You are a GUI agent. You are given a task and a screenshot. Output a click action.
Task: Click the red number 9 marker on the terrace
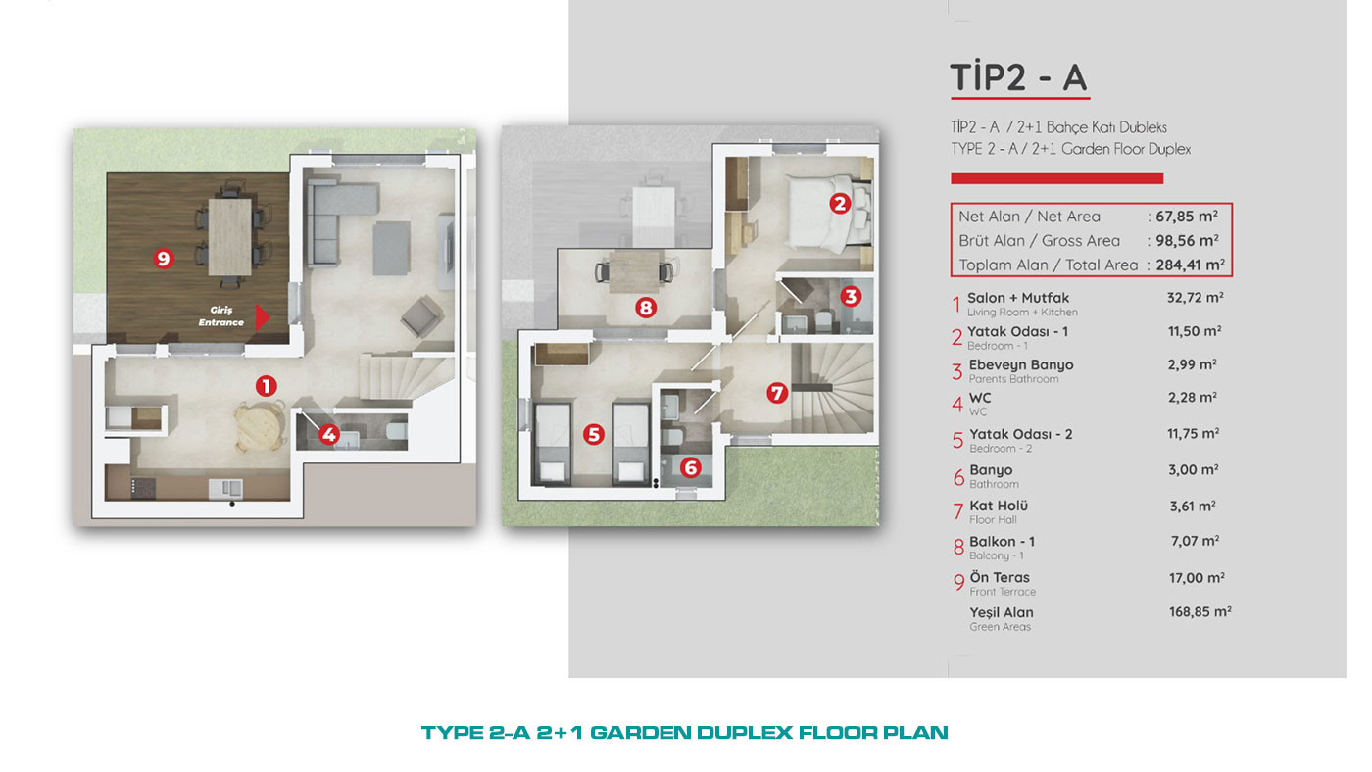point(163,259)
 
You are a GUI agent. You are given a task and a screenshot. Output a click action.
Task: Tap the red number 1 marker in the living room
point(266,386)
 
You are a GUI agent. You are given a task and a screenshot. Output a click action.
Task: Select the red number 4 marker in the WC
point(329,435)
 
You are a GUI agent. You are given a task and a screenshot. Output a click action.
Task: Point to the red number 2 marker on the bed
point(840,203)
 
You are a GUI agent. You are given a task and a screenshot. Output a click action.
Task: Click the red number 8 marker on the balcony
point(646,307)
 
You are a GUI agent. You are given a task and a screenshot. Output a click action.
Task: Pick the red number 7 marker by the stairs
point(776,393)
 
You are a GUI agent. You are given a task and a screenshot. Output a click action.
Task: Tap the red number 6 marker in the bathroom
point(690,467)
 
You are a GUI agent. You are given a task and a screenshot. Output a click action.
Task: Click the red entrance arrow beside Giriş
point(263,317)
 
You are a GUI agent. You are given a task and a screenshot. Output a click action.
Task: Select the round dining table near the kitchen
point(260,426)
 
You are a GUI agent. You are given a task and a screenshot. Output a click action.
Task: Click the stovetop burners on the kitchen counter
point(143,488)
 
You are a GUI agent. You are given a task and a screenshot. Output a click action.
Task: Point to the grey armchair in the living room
point(422,315)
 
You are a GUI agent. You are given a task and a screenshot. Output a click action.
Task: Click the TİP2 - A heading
point(1018,77)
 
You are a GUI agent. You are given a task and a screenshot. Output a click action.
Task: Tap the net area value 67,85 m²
point(1187,217)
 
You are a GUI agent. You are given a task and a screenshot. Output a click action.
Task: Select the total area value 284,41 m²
point(1190,265)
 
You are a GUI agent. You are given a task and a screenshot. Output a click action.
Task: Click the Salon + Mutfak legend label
point(1018,298)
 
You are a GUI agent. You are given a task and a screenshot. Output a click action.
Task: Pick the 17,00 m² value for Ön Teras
point(1197,577)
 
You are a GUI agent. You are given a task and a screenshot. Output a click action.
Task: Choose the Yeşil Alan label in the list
point(1002,613)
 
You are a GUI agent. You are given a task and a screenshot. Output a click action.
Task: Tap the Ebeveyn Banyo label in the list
point(1021,364)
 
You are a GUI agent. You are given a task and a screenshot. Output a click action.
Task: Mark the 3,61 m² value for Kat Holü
point(1193,506)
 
